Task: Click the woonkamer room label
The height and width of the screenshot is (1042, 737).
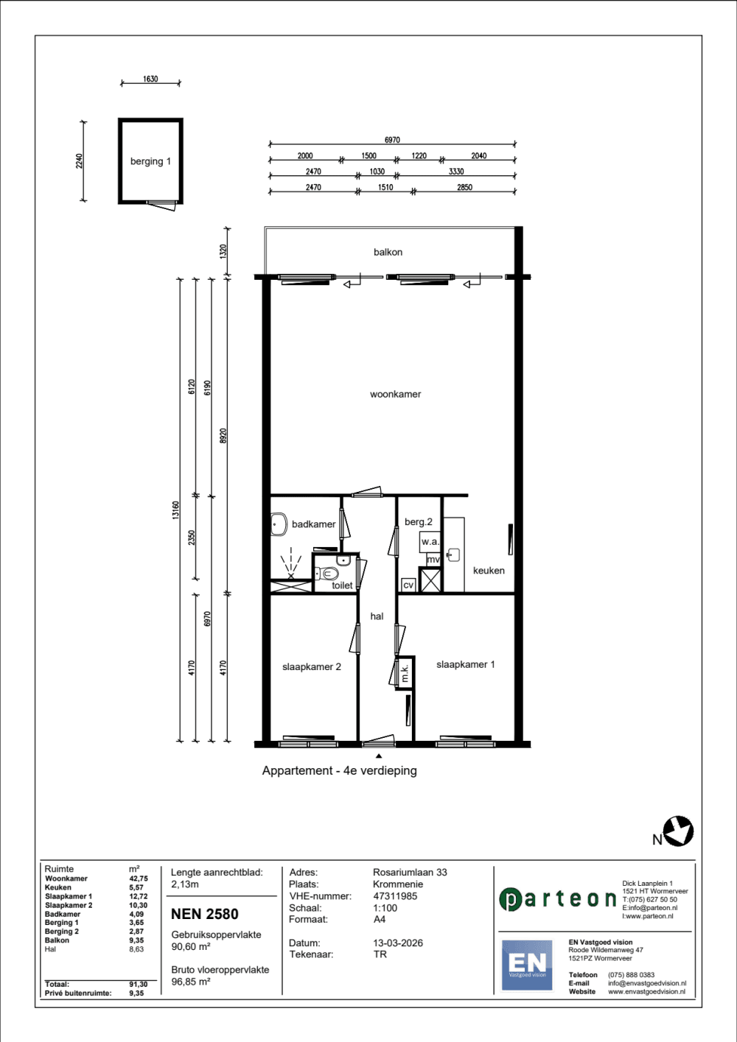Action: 395,394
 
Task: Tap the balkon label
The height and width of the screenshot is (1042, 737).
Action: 388,252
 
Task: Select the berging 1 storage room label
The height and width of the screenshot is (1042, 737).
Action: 150,161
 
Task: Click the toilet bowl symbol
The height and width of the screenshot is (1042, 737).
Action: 327,574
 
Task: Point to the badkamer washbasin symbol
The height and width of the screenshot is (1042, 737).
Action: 279,524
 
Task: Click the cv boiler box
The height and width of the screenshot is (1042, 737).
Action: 408,585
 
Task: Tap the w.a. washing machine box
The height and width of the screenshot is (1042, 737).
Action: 430,542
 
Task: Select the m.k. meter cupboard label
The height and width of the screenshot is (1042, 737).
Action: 405,672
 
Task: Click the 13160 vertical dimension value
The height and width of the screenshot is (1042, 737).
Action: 175,510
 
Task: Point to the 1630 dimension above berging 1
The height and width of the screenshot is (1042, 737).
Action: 150,79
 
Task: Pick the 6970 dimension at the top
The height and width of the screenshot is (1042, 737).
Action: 392,140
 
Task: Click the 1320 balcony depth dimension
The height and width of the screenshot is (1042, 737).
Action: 223,252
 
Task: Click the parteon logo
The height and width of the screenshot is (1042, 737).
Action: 558,899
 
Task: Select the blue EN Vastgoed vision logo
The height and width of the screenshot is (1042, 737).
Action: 527,965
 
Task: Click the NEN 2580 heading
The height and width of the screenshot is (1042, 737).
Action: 204,914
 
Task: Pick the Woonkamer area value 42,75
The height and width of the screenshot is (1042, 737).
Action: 139,879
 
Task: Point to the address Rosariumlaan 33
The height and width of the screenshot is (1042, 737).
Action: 410,872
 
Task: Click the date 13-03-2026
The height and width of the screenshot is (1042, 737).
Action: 398,943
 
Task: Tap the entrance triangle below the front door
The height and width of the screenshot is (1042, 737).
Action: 379,756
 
